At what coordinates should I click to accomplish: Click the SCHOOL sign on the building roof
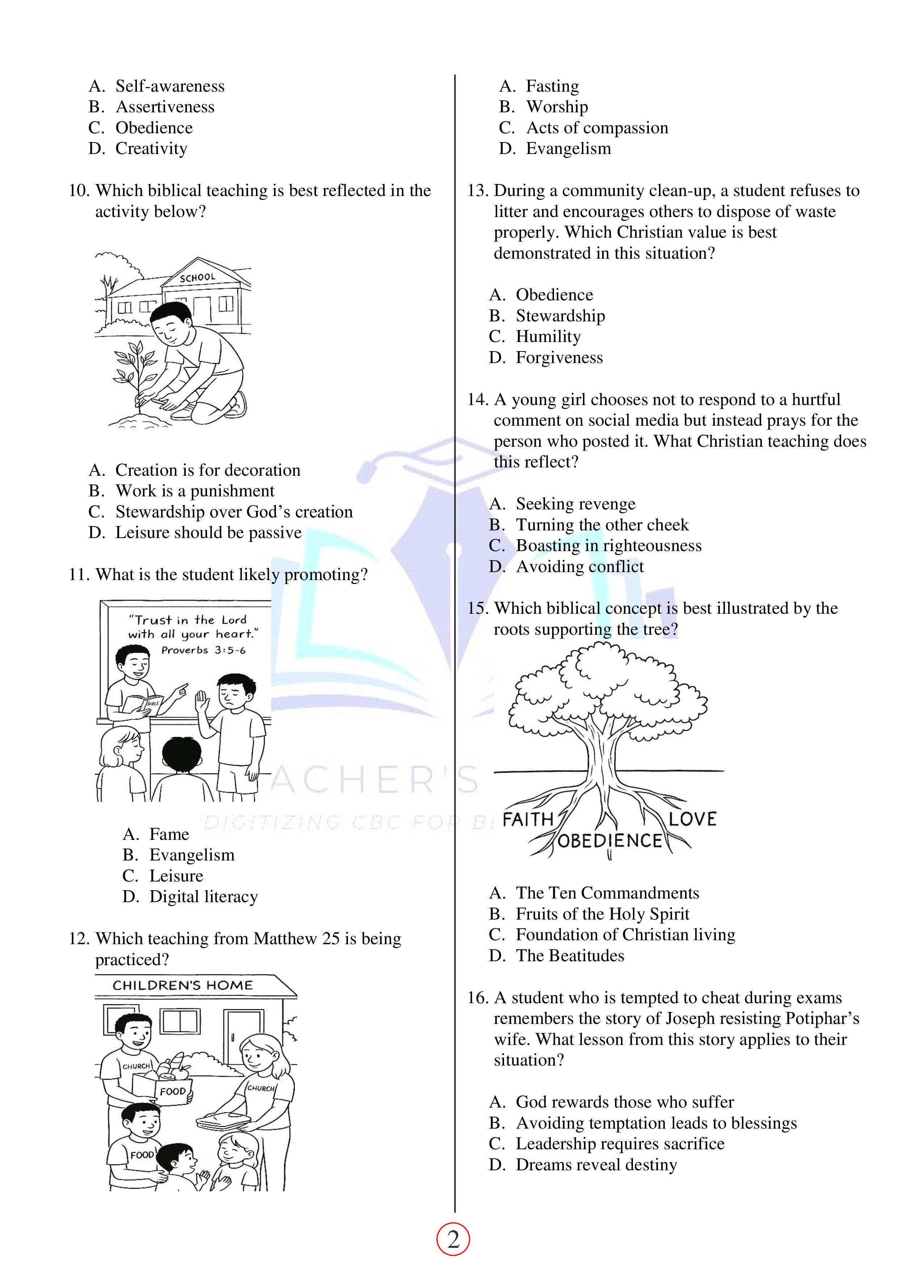point(198,277)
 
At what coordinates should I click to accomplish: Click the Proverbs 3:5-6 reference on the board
point(203,650)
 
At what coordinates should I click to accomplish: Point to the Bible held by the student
point(143,704)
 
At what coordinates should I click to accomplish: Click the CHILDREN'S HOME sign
point(182,985)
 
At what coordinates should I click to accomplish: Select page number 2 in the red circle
point(453,1239)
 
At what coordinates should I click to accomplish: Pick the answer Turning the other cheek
point(602,524)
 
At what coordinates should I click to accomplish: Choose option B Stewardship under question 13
point(560,316)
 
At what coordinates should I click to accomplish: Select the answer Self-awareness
point(170,86)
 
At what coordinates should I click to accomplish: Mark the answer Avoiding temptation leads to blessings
point(656,1123)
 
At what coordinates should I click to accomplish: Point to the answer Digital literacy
point(203,896)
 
